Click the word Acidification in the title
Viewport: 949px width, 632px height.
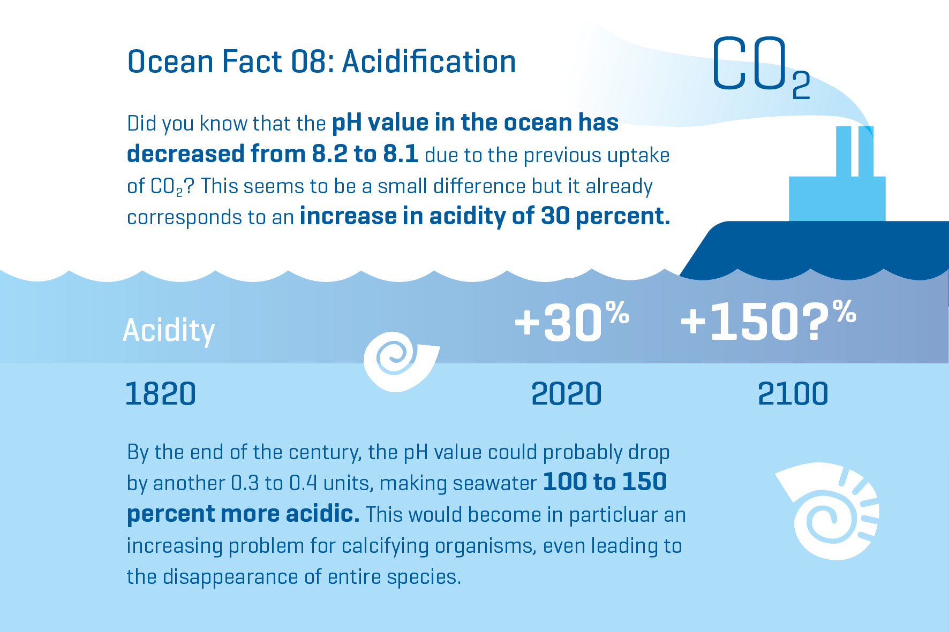[x=429, y=62]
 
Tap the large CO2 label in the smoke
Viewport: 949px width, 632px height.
[x=760, y=65]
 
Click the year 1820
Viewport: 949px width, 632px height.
[x=161, y=394]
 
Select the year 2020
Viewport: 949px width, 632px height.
[x=567, y=394]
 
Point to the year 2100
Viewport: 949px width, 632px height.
[x=793, y=394]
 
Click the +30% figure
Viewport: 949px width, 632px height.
[x=571, y=322]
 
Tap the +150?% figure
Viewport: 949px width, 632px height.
[x=768, y=322]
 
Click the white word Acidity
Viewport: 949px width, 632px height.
[x=169, y=330]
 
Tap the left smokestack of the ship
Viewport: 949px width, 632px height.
[x=843, y=151]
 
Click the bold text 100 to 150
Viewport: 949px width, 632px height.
[x=605, y=482]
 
